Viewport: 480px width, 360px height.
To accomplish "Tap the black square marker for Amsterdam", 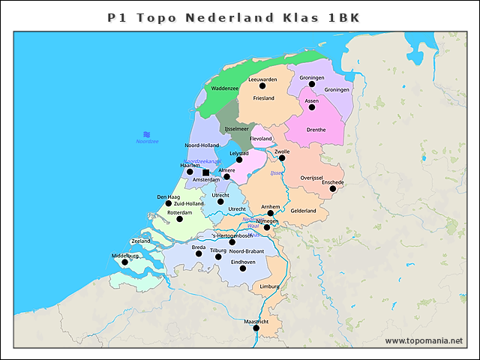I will tap(206, 172).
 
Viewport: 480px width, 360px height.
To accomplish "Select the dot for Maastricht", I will tap(256, 328).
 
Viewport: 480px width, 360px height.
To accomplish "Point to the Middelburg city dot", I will tap(125, 262).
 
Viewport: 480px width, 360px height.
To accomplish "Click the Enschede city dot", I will tap(333, 188).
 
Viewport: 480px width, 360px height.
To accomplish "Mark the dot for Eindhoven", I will tap(242, 268).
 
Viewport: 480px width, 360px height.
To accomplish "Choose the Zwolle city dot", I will tap(282, 157).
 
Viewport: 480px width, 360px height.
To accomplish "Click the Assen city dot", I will tap(312, 106).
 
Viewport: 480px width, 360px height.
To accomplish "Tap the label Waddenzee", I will tap(225, 88).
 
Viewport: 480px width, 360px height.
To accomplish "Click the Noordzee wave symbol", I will tap(147, 133).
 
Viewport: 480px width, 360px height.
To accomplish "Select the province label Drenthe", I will tap(316, 130).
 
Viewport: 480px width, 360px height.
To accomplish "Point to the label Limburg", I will tap(268, 286).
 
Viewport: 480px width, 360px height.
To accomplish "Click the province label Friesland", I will tap(264, 98).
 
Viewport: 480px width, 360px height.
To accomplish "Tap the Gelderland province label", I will tap(304, 211).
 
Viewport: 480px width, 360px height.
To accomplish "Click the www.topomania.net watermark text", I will tap(424, 340).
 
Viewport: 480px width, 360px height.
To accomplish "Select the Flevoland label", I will tap(261, 139).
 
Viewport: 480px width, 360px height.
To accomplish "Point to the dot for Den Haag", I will tap(169, 203).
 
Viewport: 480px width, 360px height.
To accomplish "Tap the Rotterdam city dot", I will tap(179, 219).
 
